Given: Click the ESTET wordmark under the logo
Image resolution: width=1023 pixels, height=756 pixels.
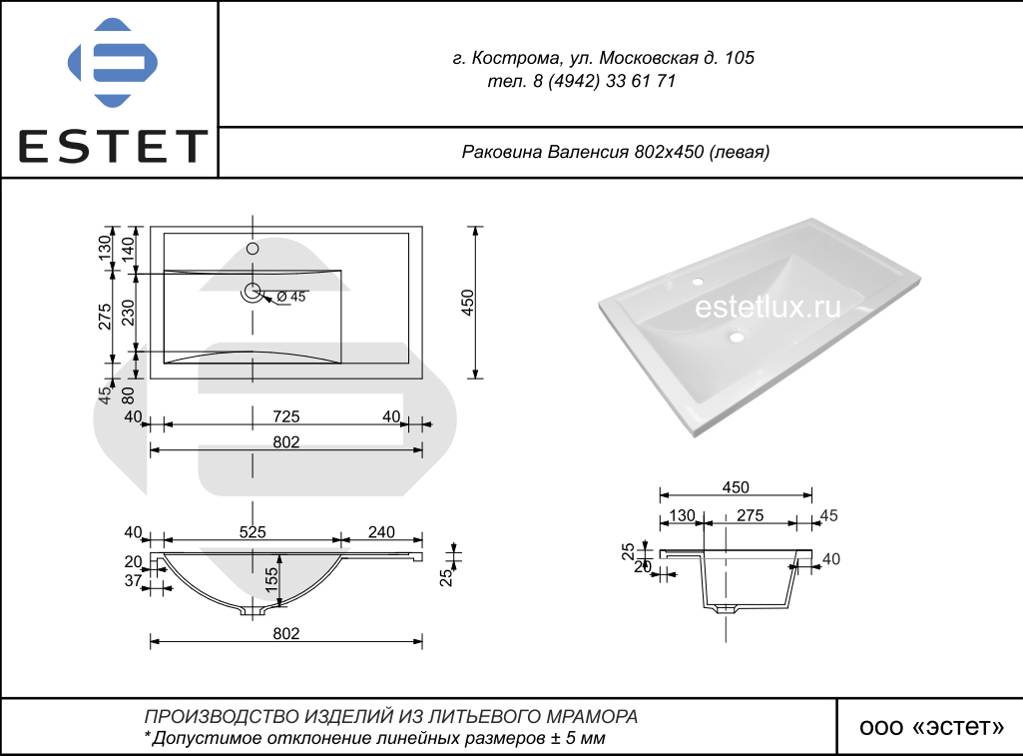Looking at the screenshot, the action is [112, 146].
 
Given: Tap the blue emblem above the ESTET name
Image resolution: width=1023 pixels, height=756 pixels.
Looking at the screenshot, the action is [113, 63].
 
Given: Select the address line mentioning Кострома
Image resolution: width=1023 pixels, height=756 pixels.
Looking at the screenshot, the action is [604, 58].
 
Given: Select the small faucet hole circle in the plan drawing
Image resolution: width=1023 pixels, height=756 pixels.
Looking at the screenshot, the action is [253, 248].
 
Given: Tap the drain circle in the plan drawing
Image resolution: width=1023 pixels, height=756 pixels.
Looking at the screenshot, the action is [253, 292].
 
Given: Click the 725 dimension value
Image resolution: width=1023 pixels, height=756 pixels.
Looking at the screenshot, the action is [285, 415].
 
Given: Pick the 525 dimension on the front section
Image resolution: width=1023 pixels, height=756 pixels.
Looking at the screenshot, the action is [253, 532].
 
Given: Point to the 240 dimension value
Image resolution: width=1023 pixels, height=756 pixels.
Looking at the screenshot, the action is [381, 532].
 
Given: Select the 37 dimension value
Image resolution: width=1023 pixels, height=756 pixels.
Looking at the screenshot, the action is [133, 579].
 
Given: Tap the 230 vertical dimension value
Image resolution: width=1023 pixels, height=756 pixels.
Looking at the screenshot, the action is [128, 313].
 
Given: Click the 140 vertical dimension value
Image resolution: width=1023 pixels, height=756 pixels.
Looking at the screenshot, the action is [128, 250].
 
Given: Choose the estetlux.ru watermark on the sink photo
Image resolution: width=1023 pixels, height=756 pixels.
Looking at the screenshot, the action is [767, 307].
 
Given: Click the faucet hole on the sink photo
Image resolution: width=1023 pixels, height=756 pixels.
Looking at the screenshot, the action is [698, 282].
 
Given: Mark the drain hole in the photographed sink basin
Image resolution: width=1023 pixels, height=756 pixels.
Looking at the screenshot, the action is [737, 338].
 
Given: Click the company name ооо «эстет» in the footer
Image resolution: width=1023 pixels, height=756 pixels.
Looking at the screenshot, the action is [931, 727].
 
